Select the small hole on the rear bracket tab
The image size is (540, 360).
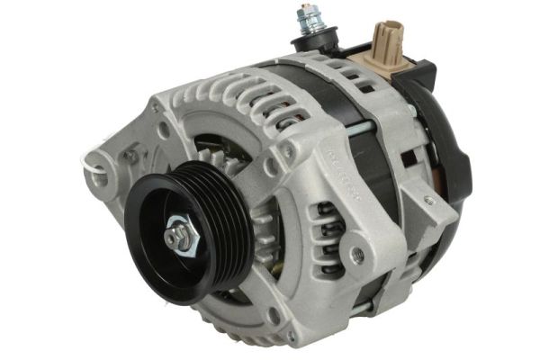(429, 200)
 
